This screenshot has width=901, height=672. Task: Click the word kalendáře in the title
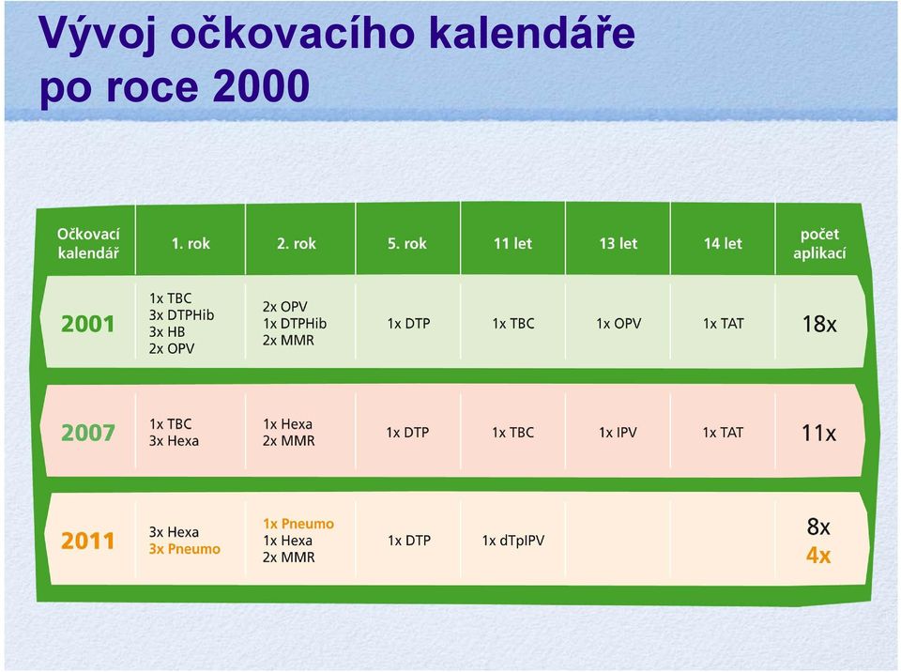tap(532, 32)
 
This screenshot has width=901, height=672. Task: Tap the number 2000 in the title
tap(261, 86)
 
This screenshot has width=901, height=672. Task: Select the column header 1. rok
tap(191, 243)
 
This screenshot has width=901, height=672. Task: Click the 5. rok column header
tap(406, 243)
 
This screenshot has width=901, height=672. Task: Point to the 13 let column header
tap(618, 243)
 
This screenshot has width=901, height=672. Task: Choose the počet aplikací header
tap(819, 243)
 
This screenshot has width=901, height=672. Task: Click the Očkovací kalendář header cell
tap(88, 243)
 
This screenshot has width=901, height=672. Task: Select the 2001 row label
tap(88, 324)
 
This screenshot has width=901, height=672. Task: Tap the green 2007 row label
tap(88, 433)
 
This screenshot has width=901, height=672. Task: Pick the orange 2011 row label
tap(88, 541)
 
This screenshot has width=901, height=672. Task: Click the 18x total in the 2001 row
tap(819, 324)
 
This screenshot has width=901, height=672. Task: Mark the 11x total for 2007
tap(818, 433)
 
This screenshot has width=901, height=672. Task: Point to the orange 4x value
tap(818, 556)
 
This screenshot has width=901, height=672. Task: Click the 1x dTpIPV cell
tap(513, 541)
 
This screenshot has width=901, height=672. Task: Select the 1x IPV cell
tap(618, 433)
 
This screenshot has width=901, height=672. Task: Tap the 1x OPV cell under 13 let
tap(618, 324)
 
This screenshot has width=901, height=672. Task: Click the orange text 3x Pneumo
tap(185, 549)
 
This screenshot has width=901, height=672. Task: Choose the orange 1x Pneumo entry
tap(298, 524)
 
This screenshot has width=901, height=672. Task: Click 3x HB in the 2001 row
tap(167, 331)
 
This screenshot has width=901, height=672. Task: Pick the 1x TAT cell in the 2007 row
tap(723, 433)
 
